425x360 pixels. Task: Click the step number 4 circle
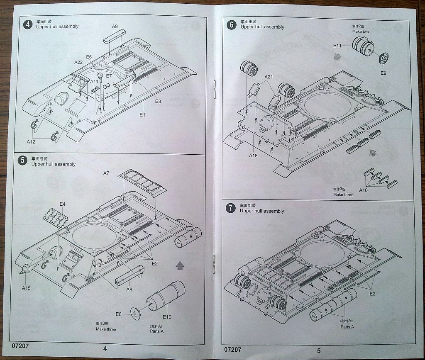[x=27, y=24]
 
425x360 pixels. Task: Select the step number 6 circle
[x=232, y=24]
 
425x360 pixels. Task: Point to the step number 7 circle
[x=231, y=208]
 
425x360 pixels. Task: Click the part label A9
[x=115, y=26]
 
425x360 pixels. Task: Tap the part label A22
[x=78, y=62]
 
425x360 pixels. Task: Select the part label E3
[x=158, y=101]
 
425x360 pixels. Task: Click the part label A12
[x=31, y=141]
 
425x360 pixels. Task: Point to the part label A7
[x=107, y=173]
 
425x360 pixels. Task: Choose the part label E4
[x=62, y=204]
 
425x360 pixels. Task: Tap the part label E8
[x=118, y=314]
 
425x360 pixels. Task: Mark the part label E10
[x=167, y=317]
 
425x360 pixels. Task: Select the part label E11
[x=337, y=46]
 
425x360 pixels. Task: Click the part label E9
[x=383, y=73]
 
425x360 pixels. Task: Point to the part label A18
[x=254, y=156]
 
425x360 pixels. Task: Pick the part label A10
[x=363, y=190]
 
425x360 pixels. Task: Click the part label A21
[x=269, y=77]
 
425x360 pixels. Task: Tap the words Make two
[x=360, y=32]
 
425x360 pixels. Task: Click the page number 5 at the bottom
[x=319, y=350]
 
